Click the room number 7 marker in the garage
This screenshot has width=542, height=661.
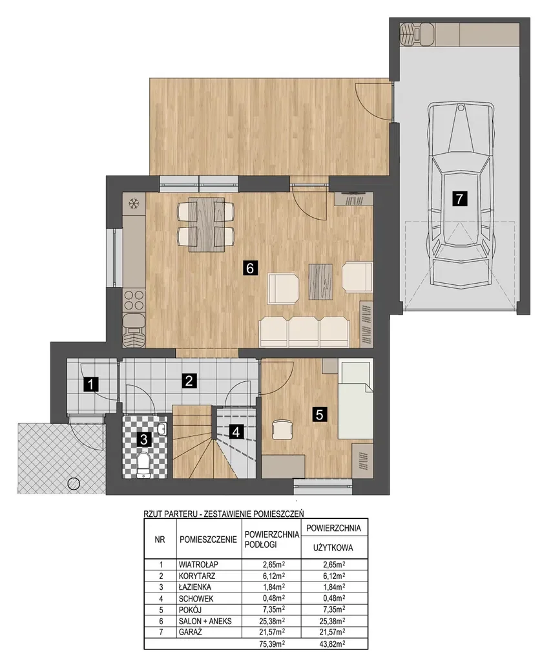[x=459, y=198]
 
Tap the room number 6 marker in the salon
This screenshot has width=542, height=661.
[x=251, y=268]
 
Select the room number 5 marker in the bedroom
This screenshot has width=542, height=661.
[x=319, y=414]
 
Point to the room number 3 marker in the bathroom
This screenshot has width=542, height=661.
[x=143, y=440]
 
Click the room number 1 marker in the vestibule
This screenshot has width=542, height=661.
[x=91, y=384]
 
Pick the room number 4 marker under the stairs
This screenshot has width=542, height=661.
[x=236, y=432]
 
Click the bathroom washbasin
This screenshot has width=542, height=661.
[x=162, y=429]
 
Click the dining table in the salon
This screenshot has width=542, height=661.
[x=207, y=224]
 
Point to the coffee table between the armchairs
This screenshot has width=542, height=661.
[x=321, y=281]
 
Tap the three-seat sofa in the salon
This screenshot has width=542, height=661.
[x=304, y=332]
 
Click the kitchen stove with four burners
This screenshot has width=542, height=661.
[x=134, y=300]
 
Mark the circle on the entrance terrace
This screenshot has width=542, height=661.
[x=74, y=483]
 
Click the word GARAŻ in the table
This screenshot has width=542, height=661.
[x=191, y=632]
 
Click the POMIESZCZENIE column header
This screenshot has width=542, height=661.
[x=208, y=539]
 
